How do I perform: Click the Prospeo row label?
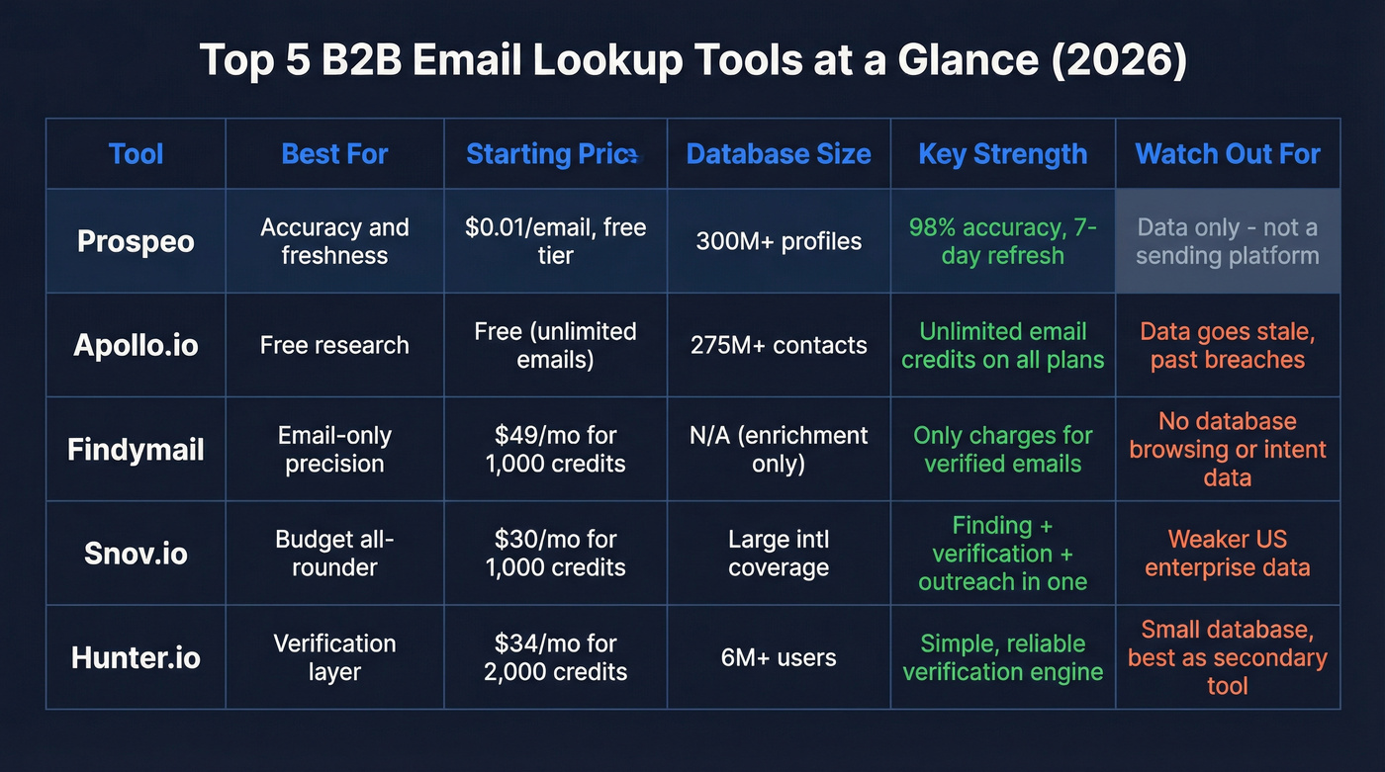[x=136, y=241]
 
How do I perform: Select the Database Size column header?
[x=779, y=154]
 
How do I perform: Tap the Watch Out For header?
[x=1227, y=154]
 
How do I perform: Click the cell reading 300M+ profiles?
[x=779, y=241]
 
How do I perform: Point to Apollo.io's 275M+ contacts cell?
[x=779, y=345]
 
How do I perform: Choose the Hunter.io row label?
[x=136, y=657]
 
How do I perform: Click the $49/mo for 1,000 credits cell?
[x=555, y=449]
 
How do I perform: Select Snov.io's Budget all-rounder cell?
[x=334, y=553]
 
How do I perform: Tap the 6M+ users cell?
[x=779, y=657]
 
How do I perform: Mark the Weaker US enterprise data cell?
[x=1227, y=553]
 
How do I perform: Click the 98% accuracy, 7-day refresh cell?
[x=1002, y=241]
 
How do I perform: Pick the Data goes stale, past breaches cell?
[x=1227, y=345]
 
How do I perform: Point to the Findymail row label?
[x=136, y=449]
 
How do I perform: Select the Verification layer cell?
[x=334, y=657]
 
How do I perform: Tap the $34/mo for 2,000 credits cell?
[x=555, y=657]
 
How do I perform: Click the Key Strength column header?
[x=1002, y=154]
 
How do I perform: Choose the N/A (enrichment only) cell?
[x=779, y=449]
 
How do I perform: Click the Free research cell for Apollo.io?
[x=334, y=345]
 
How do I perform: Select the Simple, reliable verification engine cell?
[x=1002, y=657]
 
